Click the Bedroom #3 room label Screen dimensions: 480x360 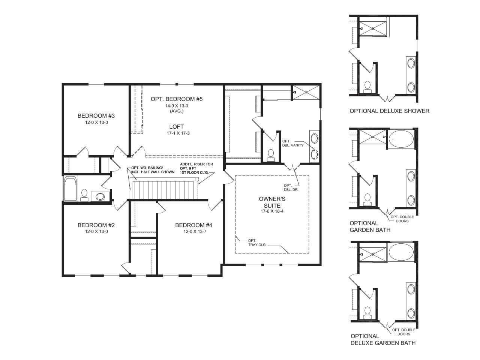click(96, 115)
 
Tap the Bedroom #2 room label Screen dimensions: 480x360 click(96, 225)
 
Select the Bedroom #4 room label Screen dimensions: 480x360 click(193, 225)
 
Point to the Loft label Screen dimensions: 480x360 click(177, 126)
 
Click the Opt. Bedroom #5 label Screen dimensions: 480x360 click(177, 99)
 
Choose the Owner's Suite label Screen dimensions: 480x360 click(272, 202)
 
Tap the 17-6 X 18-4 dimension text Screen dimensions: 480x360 click(272, 211)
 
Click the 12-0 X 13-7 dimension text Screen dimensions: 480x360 click(195, 231)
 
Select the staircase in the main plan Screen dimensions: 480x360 click(164, 189)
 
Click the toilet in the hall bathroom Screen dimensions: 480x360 click(84, 195)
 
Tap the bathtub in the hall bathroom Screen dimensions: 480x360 click(70, 188)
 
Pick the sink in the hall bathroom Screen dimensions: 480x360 click(100, 196)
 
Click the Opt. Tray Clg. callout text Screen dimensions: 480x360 click(257, 243)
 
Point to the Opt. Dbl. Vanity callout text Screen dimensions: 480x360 click(292, 143)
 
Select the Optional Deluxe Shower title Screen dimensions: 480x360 click(390, 111)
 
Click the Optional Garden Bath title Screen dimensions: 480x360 click(370, 226)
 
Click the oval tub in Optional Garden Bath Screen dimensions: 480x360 click(401, 139)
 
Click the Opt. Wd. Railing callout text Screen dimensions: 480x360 click(153, 170)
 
